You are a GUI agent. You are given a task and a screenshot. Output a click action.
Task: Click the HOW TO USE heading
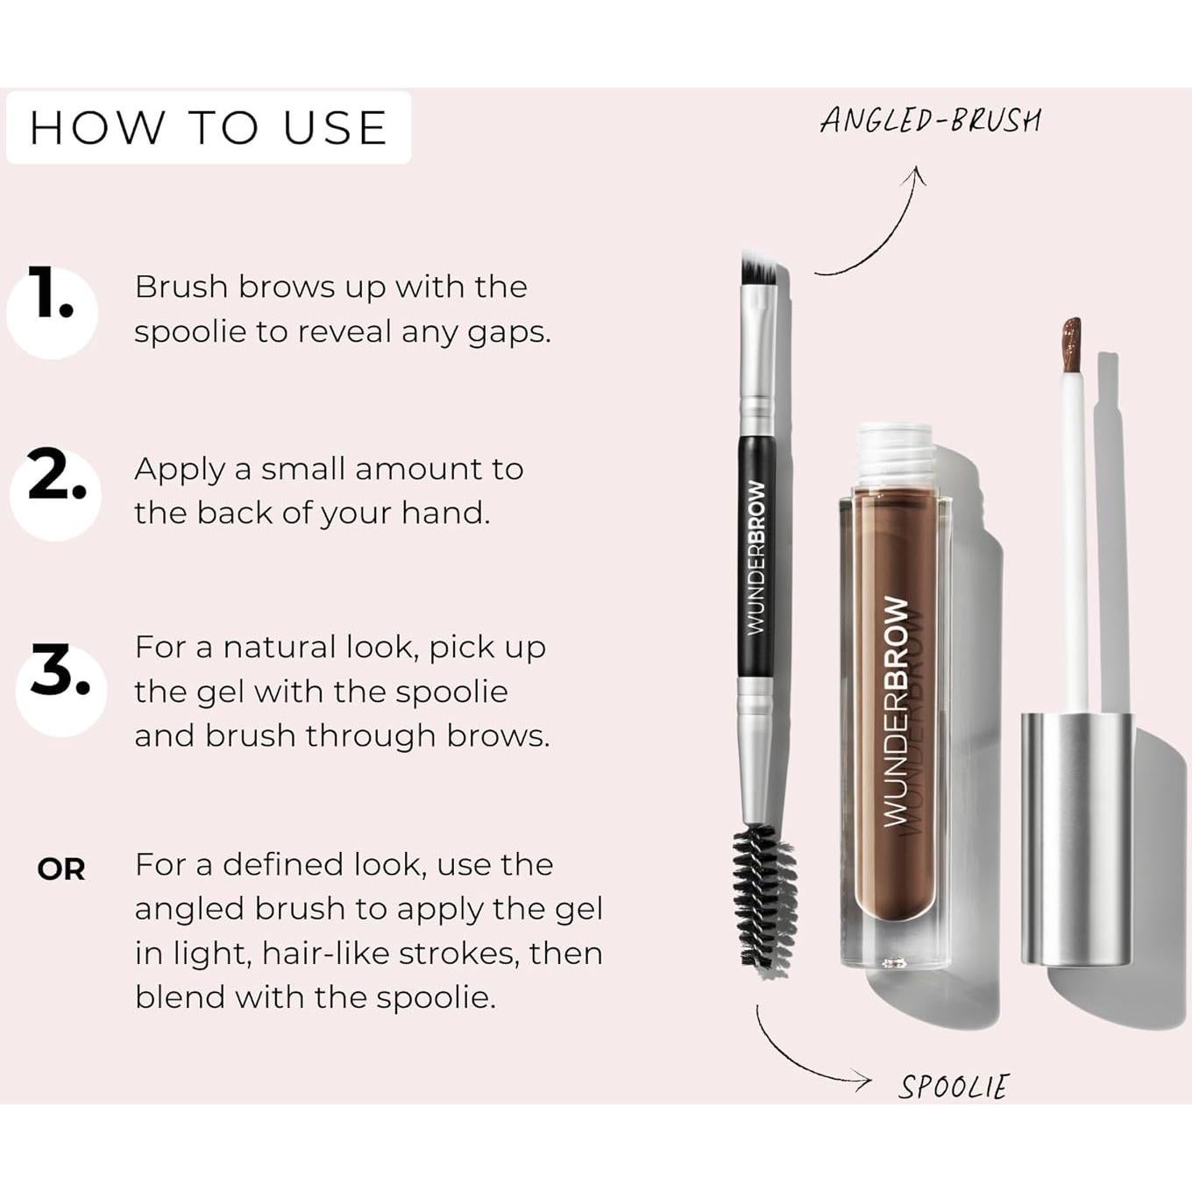pos(209,128)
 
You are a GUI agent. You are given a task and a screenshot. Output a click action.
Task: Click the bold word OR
pos(61,869)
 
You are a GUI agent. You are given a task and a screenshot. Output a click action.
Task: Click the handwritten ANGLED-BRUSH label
pos(930,120)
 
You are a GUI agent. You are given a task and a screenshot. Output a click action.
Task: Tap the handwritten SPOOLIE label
pos(954,1087)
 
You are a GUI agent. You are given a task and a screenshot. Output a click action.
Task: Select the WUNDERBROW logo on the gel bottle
pos(896,710)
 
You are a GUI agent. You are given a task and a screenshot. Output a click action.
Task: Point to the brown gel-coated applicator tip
pos(1071,344)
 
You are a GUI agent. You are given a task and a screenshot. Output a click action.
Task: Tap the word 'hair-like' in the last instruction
pos(325,953)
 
